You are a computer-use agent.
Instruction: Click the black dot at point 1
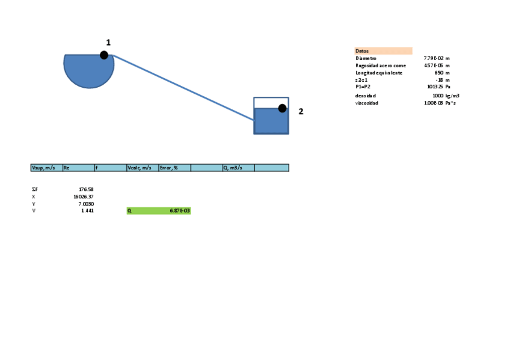click(x=104, y=55)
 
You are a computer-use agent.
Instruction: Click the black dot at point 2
click(x=282, y=108)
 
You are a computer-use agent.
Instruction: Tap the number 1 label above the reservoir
click(x=108, y=42)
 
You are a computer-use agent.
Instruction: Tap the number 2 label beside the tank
click(x=301, y=111)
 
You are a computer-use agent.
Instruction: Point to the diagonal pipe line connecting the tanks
click(x=183, y=88)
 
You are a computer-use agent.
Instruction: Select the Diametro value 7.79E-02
click(x=433, y=58)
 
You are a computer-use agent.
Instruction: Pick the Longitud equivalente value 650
click(x=438, y=73)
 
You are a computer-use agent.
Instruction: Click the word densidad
click(x=366, y=96)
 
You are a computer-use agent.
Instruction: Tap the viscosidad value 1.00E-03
click(x=433, y=103)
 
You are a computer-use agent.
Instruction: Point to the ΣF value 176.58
click(x=86, y=189)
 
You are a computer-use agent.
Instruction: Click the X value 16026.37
click(x=83, y=197)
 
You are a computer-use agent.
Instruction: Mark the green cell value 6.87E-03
click(x=180, y=211)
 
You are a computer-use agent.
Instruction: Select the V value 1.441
click(x=87, y=211)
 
